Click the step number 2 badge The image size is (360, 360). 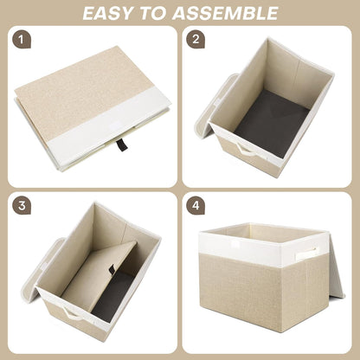click(x=196, y=40)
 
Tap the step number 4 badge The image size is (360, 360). click(x=196, y=208)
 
